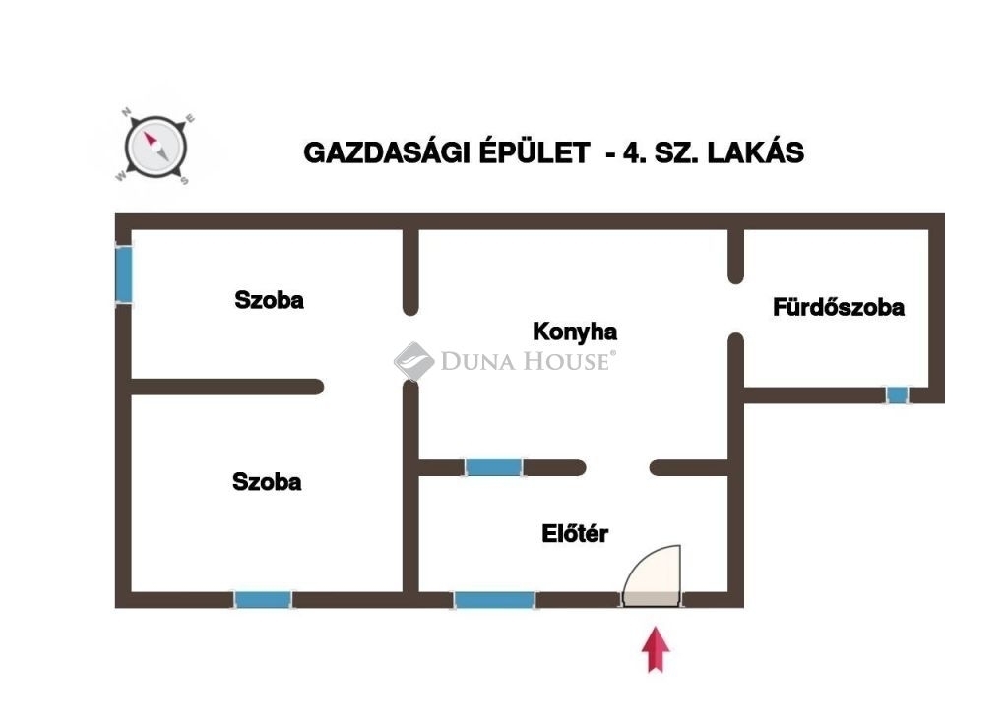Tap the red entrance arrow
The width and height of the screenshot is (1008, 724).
657,650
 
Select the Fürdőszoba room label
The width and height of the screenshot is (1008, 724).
839,307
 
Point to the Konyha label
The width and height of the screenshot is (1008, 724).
575,332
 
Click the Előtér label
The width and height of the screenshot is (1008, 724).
575,534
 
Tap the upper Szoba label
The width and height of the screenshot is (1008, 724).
269,300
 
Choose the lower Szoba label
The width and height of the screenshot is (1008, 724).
267,482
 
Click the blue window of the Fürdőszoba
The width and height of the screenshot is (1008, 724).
897,395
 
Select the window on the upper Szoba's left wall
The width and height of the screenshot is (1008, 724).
124,273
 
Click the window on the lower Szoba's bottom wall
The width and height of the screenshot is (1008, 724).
263,599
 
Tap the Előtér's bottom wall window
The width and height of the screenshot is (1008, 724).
494,599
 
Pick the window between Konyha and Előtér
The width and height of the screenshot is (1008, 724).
494,467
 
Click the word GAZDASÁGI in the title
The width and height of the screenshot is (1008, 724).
385,153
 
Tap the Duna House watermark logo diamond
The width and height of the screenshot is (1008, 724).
413,361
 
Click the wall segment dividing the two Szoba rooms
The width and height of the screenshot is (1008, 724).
226,387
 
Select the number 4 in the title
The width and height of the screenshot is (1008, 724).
630,153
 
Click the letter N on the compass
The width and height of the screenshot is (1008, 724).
127,113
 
